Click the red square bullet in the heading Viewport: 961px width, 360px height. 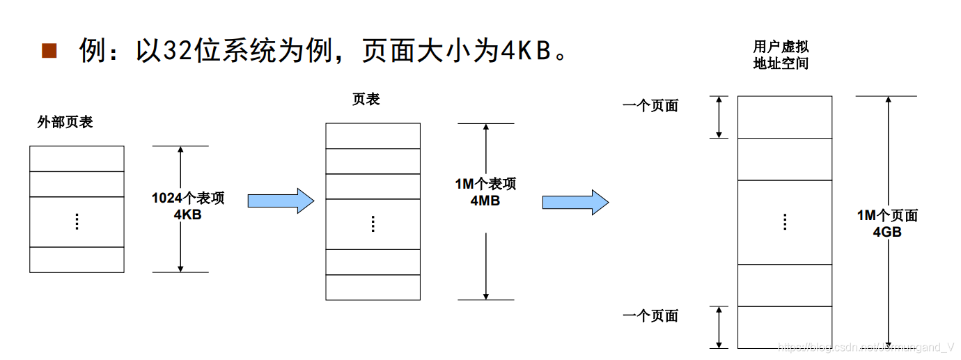coord(49,50)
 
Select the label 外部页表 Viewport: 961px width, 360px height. coord(65,123)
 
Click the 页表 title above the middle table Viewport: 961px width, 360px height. coord(366,100)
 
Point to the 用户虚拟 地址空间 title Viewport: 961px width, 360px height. coord(781,55)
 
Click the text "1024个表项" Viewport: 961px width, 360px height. coord(188,198)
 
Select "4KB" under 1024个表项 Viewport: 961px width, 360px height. coord(188,214)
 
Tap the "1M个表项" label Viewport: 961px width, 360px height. coord(485,185)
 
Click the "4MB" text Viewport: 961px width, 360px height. coord(485,201)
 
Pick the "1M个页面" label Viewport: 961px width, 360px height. coord(887,216)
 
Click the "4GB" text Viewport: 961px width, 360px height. coord(887,232)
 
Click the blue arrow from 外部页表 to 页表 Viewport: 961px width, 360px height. coord(281,201)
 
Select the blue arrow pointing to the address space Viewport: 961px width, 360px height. coord(575,202)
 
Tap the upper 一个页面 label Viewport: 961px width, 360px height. coord(650,107)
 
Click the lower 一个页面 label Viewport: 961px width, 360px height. coord(650,316)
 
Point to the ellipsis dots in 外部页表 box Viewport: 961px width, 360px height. coord(77,222)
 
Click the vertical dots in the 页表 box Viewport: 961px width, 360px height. coord(373,224)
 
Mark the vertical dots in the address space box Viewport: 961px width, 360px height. coord(785,222)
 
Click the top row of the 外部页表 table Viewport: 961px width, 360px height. coord(77,159)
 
